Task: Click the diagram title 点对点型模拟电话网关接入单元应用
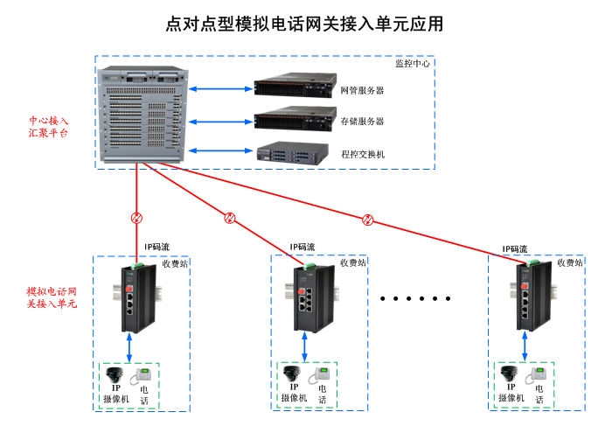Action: (x=305, y=24)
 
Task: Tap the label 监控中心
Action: (x=412, y=64)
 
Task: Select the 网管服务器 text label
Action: (x=362, y=90)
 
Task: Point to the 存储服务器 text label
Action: (x=362, y=122)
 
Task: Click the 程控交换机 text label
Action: (x=363, y=153)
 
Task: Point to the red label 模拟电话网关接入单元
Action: (x=52, y=297)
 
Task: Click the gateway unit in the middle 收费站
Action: (x=312, y=297)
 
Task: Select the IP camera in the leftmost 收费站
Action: (x=115, y=376)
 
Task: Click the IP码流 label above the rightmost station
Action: (x=515, y=249)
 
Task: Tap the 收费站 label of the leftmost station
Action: (x=175, y=262)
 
